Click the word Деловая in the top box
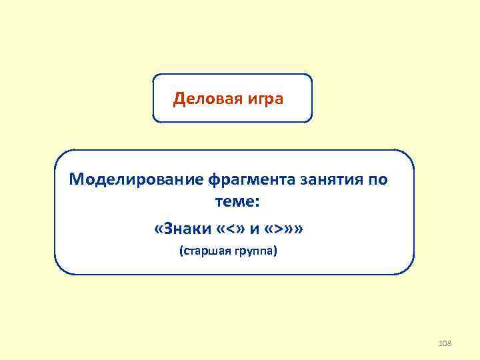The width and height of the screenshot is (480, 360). [201, 99]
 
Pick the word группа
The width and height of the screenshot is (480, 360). [256, 253]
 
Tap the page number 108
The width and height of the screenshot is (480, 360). [445, 343]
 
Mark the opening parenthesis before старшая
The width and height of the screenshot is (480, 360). [180, 253]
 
